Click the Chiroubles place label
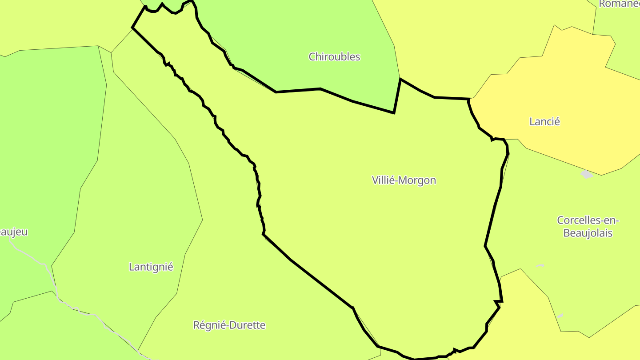(x=334, y=57)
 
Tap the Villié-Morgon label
(x=404, y=180)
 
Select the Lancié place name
(x=544, y=121)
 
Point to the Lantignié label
(x=151, y=267)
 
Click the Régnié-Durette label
(x=229, y=325)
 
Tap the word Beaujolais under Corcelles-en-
(x=588, y=233)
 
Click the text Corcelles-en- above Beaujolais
(x=588, y=220)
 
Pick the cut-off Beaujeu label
(x=13, y=232)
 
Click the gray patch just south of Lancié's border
(x=587, y=174)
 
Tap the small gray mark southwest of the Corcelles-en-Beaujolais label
(x=540, y=266)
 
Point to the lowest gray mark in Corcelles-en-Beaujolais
(x=560, y=316)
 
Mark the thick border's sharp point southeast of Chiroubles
(x=394, y=113)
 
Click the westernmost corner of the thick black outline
(x=132, y=28)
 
